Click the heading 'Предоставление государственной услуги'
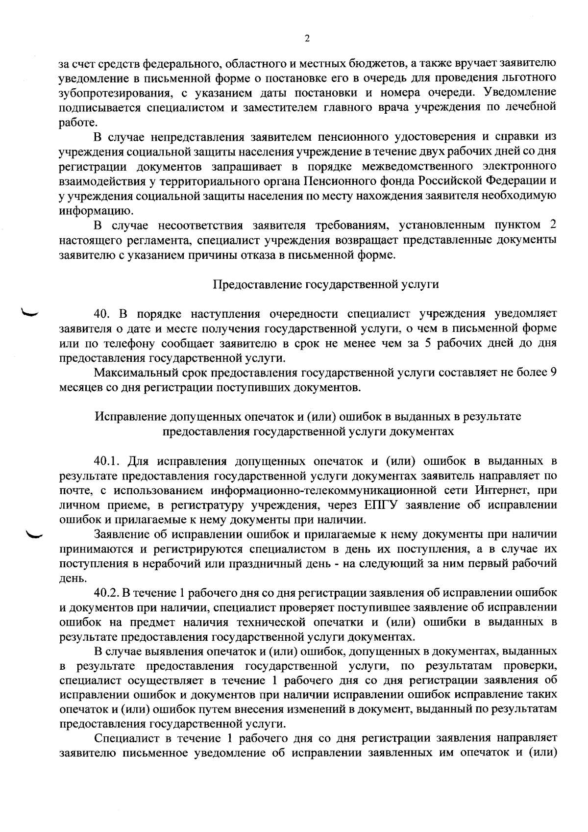click(326, 284)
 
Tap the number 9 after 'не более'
click(553, 373)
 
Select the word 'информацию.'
click(88, 211)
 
